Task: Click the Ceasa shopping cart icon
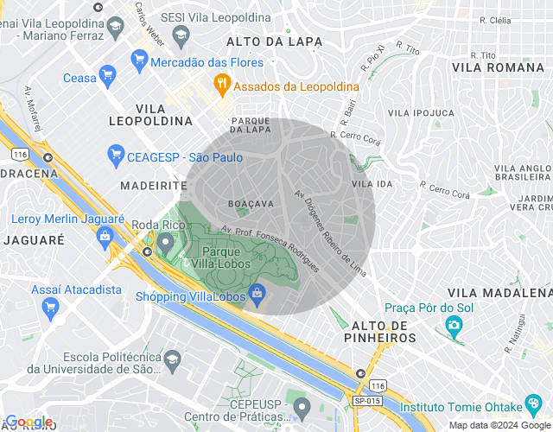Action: pos(108,77)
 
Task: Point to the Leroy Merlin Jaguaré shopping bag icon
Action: pos(105,234)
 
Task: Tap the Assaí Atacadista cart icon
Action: pos(49,306)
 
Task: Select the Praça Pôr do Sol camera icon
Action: pos(453,325)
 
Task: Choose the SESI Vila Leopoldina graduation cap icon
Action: pos(181,35)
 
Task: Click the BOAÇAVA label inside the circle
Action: pos(251,203)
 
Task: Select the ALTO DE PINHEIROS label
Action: pos(385,330)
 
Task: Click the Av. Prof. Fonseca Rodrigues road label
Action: pos(270,248)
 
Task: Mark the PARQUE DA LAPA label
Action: pos(251,124)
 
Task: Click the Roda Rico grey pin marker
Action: pos(165,239)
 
